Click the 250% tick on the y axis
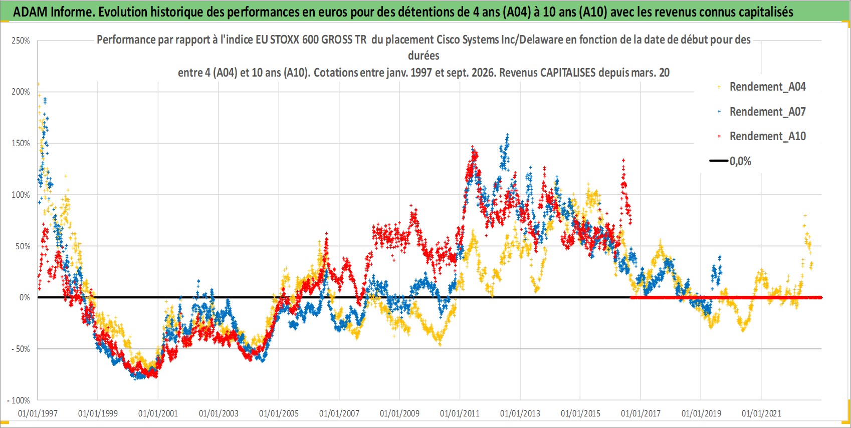(21, 41)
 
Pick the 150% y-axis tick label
(21, 144)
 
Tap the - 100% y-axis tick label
(18, 400)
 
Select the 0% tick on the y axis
(25, 297)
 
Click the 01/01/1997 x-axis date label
(38, 413)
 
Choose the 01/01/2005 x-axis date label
(279, 413)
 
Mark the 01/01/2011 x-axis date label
(460, 413)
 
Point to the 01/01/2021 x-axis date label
(761, 413)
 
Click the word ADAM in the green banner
(30, 12)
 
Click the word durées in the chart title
(423, 56)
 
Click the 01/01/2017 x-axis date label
(641, 413)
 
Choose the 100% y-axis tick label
(21, 195)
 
